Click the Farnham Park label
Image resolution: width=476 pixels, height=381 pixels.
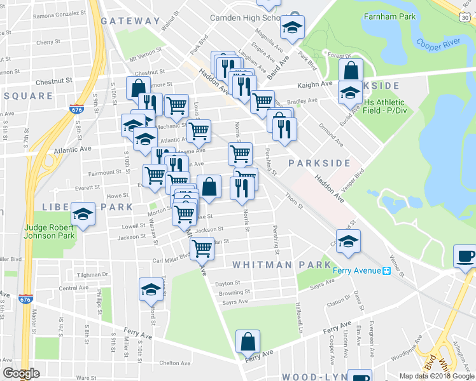pyautogui.click(x=389, y=16)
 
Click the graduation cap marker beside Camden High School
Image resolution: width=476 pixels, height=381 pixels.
pyautogui.click(x=293, y=27)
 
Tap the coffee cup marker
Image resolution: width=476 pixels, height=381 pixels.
pyautogui.click(x=466, y=257)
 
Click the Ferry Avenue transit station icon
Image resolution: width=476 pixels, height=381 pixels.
pyautogui.click(x=386, y=271)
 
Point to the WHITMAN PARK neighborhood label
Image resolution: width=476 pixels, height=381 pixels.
pyautogui.click(x=281, y=265)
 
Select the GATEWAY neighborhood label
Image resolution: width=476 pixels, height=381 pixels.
pyautogui.click(x=130, y=21)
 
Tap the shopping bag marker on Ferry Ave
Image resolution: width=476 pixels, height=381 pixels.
pyautogui.click(x=247, y=342)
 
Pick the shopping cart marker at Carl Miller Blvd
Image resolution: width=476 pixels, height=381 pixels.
pyautogui.click(x=202, y=248)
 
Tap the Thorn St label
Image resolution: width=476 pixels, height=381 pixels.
pyautogui.click(x=293, y=201)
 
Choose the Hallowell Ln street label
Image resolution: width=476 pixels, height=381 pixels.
pyautogui.click(x=299, y=314)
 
